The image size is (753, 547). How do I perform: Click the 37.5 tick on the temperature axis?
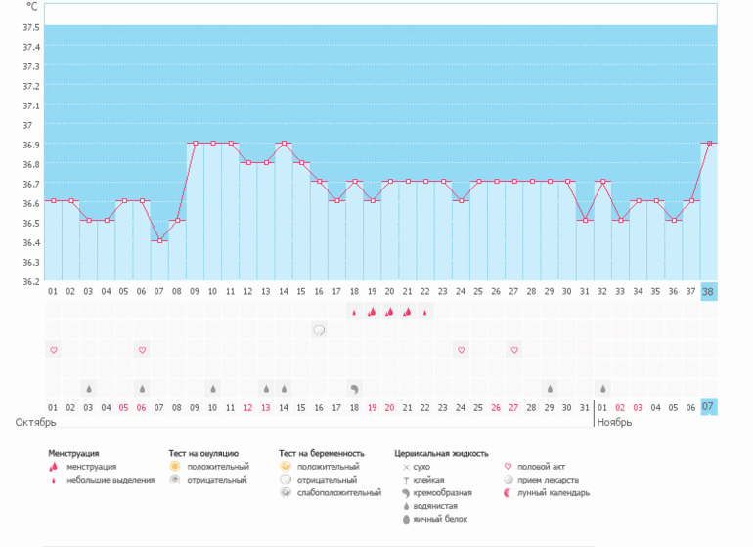30,27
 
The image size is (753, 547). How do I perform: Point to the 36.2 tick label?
30,281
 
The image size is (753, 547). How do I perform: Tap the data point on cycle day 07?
159,240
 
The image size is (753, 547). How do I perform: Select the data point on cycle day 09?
196,143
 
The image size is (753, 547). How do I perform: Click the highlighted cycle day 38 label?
708,291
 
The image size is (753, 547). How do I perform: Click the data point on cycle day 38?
708,143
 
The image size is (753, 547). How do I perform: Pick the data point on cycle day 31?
585,221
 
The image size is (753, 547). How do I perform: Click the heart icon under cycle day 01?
53,350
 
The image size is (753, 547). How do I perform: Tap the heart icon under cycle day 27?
514,350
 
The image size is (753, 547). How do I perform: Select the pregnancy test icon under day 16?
319,330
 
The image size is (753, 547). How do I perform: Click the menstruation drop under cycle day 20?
389,313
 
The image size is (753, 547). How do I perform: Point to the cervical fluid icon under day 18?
354,388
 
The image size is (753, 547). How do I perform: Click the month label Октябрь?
35,423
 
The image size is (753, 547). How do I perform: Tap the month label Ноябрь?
614,423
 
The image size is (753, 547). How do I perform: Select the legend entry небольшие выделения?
111,480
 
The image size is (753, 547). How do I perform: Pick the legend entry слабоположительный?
339,492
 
